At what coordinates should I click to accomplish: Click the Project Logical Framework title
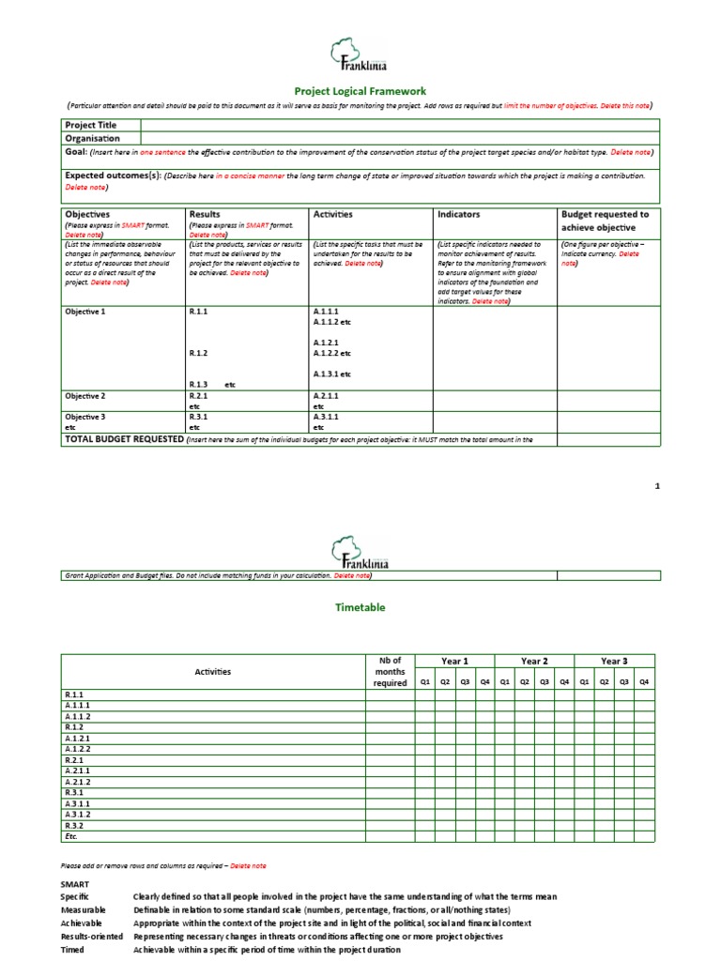tap(360, 91)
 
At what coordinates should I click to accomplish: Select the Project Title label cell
tap(91, 125)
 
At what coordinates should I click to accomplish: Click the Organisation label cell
tap(94, 137)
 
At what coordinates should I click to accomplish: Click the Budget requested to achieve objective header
tap(605, 221)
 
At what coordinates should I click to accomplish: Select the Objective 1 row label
tap(85, 312)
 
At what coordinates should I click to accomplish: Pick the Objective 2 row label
tap(85, 396)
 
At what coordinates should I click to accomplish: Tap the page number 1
tap(657, 486)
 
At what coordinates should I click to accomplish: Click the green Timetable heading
tap(360, 607)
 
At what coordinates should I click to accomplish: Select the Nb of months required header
tap(389, 671)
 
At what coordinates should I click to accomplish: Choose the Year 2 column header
tap(534, 662)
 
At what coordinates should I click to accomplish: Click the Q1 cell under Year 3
tap(585, 682)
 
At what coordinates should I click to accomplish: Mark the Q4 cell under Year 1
tap(485, 682)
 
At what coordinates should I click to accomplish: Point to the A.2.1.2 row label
tap(78, 782)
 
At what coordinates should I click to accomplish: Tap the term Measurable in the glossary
tap(84, 909)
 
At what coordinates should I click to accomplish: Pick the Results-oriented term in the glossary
tap(91, 936)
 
